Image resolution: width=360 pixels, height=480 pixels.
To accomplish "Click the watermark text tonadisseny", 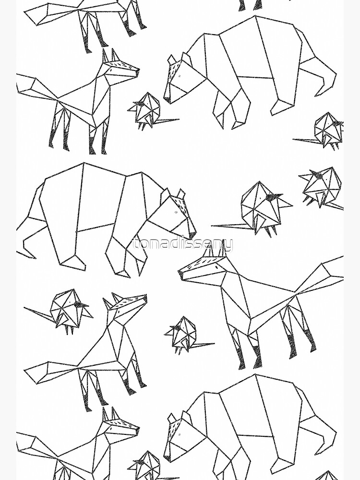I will pos(182,245).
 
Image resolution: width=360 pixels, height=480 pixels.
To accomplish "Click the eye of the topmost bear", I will pos(180,76).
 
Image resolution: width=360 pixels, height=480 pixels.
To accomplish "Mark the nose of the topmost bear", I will pos(167,100).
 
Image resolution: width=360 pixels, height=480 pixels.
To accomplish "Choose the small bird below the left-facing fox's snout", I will pos(182,334).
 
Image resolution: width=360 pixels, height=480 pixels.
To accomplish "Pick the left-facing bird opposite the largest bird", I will pos(322,186).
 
